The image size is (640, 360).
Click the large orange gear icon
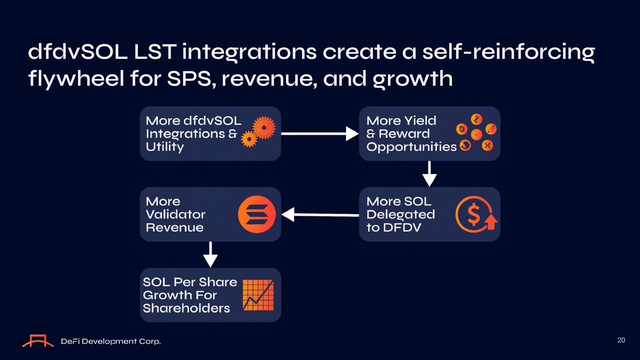(264, 128)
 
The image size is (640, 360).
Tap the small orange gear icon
(249, 139)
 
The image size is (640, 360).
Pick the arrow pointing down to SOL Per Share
(210, 254)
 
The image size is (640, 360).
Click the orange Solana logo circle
(257, 214)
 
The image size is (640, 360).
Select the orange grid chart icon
(258, 295)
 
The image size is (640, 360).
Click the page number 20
(621, 340)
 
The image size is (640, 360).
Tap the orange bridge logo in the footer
(38, 341)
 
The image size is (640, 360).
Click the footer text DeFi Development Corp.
(111, 341)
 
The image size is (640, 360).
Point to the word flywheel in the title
(76, 79)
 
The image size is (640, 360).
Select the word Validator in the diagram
(175, 214)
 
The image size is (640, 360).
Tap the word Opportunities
(411, 147)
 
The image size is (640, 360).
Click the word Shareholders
(186, 308)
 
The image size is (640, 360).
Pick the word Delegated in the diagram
(401, 215)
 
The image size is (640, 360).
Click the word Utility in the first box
(165, 147)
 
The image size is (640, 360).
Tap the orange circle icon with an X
(487, 145)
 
